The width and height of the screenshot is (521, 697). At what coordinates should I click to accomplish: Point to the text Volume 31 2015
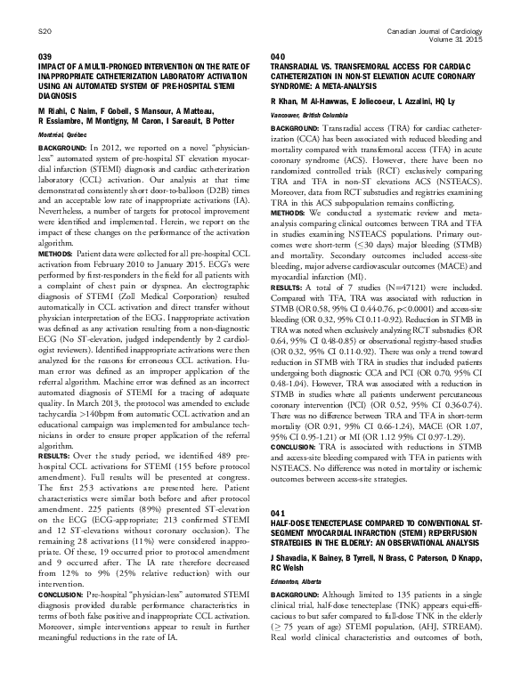coord(459,40)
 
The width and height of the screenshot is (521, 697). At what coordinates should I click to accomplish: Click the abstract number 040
coord(277,56)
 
